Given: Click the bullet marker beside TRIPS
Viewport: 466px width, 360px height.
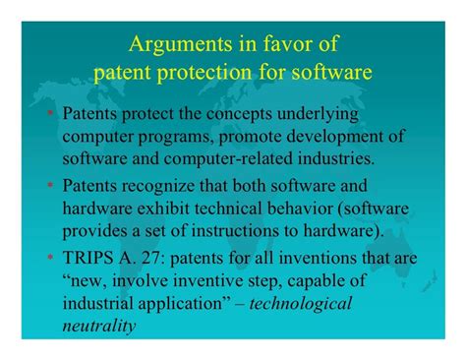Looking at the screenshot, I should [x=50, y=257].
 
